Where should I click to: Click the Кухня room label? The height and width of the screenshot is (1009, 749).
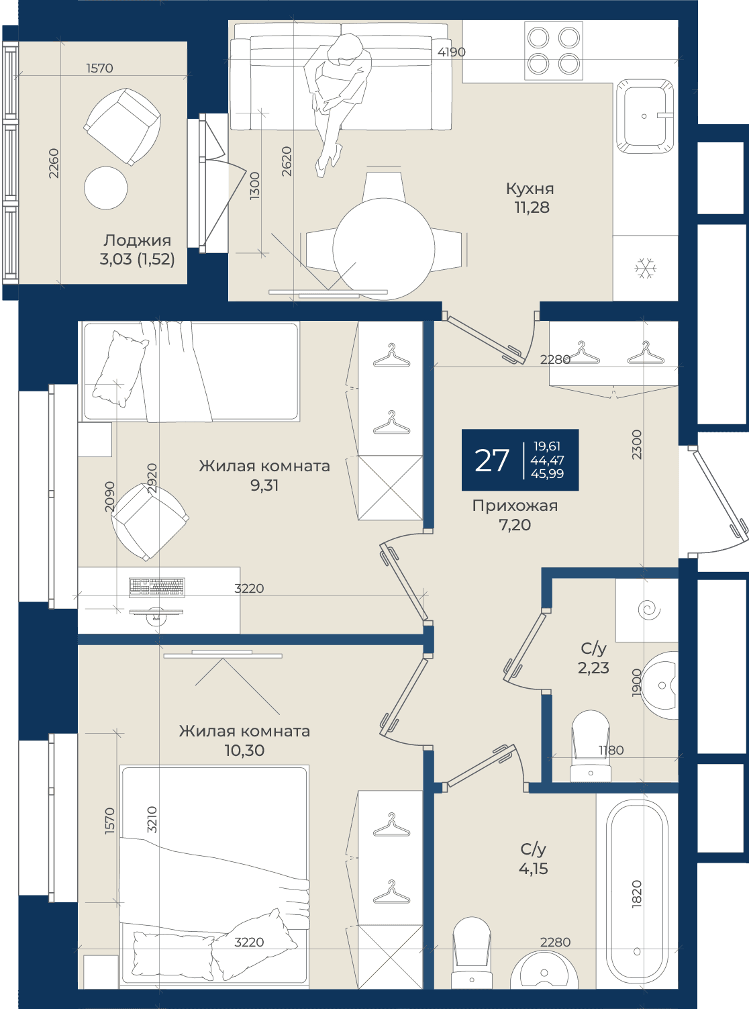530,189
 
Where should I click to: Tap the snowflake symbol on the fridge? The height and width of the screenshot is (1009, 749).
646,268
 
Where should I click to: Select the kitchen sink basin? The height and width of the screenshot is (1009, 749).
644,116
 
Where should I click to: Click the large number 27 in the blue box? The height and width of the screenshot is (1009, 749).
491,460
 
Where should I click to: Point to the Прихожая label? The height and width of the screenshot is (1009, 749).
515,506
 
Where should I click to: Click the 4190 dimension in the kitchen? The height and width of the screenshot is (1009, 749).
451,52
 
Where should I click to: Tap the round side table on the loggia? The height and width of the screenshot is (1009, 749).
105,187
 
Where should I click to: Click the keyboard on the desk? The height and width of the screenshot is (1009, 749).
157,587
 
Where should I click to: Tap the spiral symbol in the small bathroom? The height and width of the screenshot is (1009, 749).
649,610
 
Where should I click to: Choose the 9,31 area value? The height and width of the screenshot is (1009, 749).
264,485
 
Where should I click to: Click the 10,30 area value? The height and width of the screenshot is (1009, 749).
245,750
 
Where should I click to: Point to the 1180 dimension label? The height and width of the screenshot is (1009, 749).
611,750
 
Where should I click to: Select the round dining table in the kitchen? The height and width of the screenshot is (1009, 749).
383,249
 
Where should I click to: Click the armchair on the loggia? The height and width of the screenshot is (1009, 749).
122,127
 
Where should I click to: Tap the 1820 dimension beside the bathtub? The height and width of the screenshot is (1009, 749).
637,894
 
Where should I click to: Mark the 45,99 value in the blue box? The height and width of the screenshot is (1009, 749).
547,473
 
